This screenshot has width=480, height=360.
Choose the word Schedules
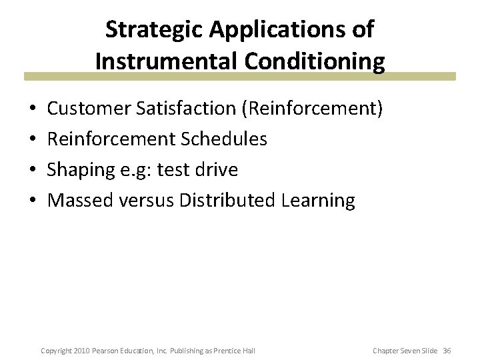pos(224,139)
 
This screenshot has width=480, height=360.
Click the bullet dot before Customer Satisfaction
pos(33,109)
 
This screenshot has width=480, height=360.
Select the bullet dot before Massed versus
pos(33,201)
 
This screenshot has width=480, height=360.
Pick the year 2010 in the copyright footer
pos(78,351)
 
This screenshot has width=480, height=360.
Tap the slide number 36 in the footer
pos(447,351)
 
